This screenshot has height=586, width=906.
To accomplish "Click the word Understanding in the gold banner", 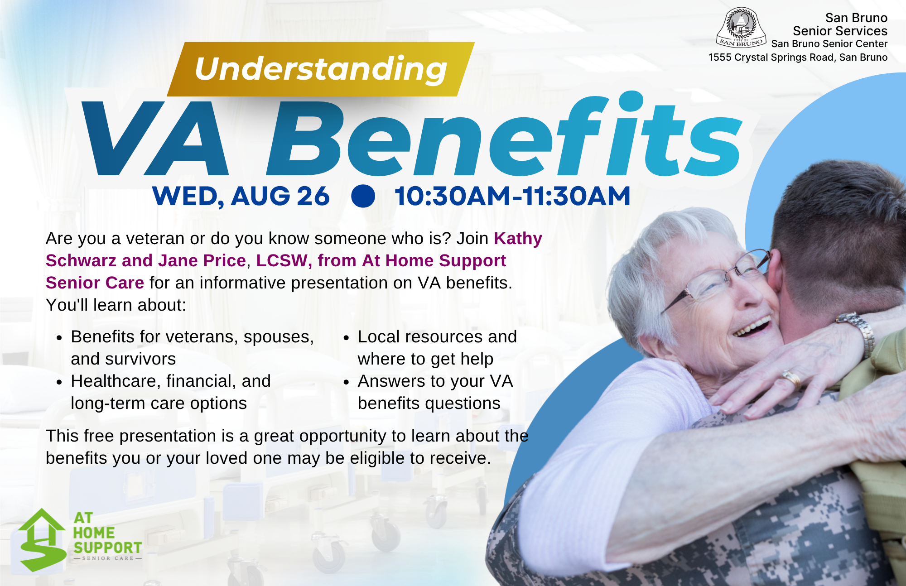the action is pyautogui.click(x=321, y=69).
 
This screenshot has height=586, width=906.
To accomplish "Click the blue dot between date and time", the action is pyautogui.click(x=363, y=196).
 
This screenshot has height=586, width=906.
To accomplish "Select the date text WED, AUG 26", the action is pyautogui.click(x=241, y=196).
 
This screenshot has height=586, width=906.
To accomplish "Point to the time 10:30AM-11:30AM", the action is pyautogui.click(x=512, y=196).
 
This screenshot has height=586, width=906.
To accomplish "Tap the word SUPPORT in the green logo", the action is pyautogui.click(x=108, y=548).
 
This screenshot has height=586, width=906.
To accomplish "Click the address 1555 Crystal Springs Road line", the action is pyautogui.click(x=798, y=58).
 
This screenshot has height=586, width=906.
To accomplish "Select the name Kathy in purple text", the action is pyautogui.click(x=518, y=238).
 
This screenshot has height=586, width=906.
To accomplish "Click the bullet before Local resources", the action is pyautogui.click(x=346, y=338).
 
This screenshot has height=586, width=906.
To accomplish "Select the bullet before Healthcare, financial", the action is pyautogui.click(x=59, y=382).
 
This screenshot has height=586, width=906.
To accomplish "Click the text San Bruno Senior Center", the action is pyautogui.click(x=829, y=44).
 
